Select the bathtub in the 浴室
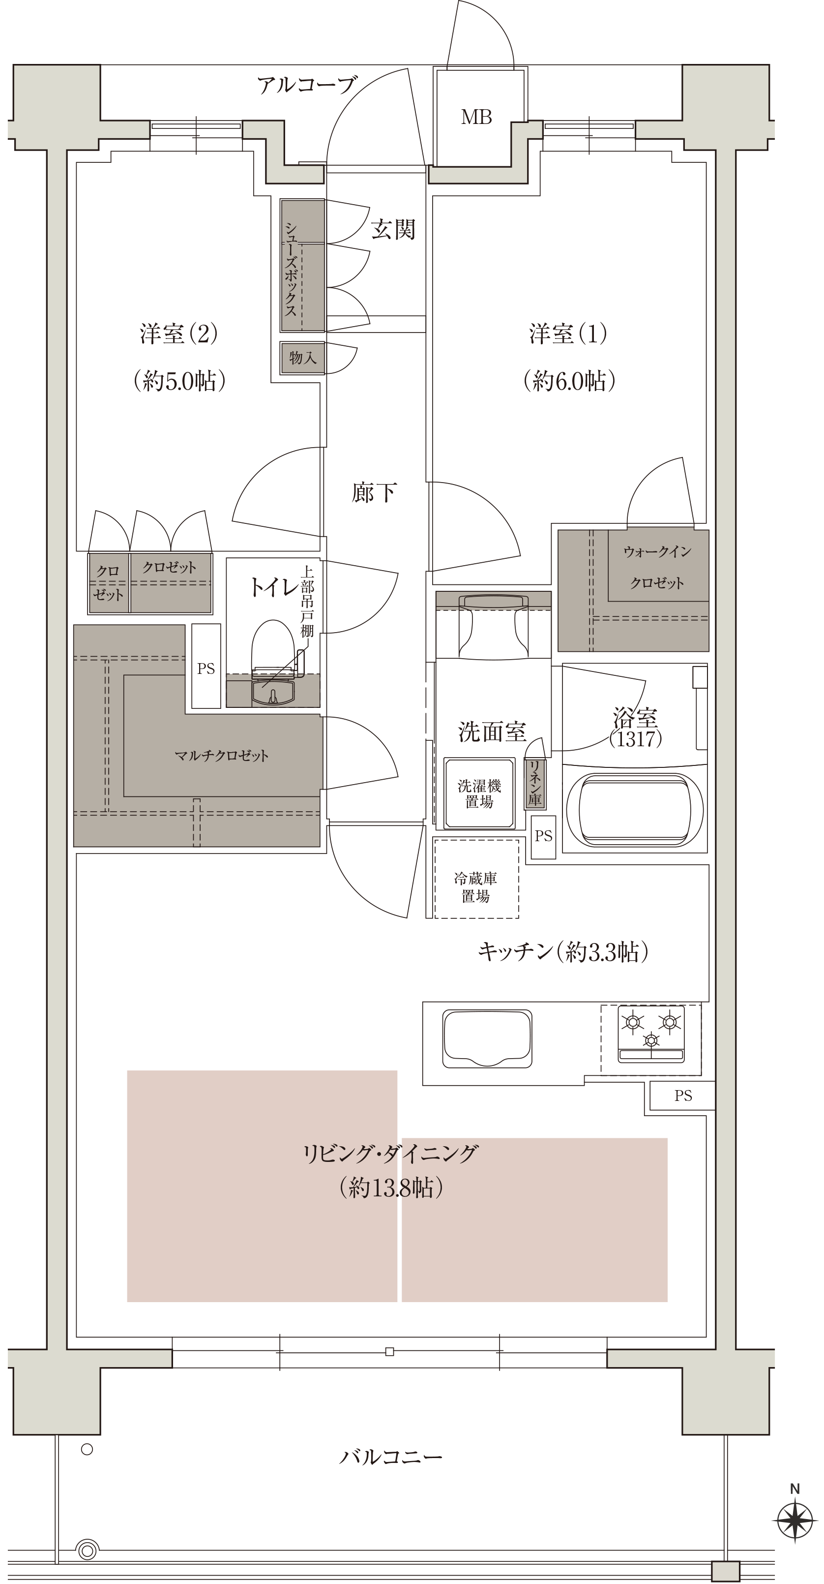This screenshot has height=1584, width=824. pyautogui.click(x=635, y=809)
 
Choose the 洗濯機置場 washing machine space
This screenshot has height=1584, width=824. pyautogui.click(x=479, y=793)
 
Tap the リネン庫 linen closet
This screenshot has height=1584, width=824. pyautogui.click(x=534, y=783)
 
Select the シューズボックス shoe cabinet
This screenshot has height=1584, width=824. pyautogui.click(x=302, y=266)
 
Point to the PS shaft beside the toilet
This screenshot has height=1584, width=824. pyautogui.click(x=206, y=666)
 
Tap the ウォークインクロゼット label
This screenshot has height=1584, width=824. pyautogui.click(x=657, y=567)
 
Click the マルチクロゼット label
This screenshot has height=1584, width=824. pyautogui.click(x=222, y=756)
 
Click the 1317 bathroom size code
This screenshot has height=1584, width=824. pyautogui.click(x=635, y=738)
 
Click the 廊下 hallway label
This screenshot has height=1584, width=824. pyautogui.click(x=374, y=492)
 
